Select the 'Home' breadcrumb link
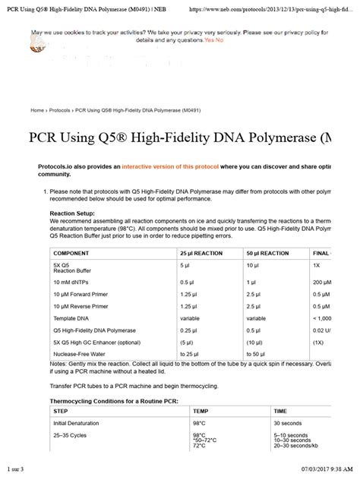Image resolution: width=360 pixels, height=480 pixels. tap(37, 110)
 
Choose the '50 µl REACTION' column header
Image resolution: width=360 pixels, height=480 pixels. tap(271, 251)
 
